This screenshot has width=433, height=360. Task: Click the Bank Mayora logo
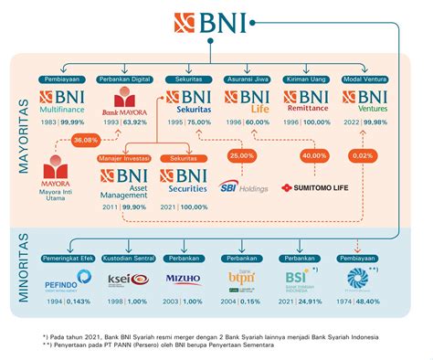130,103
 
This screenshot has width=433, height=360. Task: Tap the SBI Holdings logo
241,189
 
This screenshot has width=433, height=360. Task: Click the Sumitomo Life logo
314,189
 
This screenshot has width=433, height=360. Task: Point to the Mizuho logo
184,279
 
